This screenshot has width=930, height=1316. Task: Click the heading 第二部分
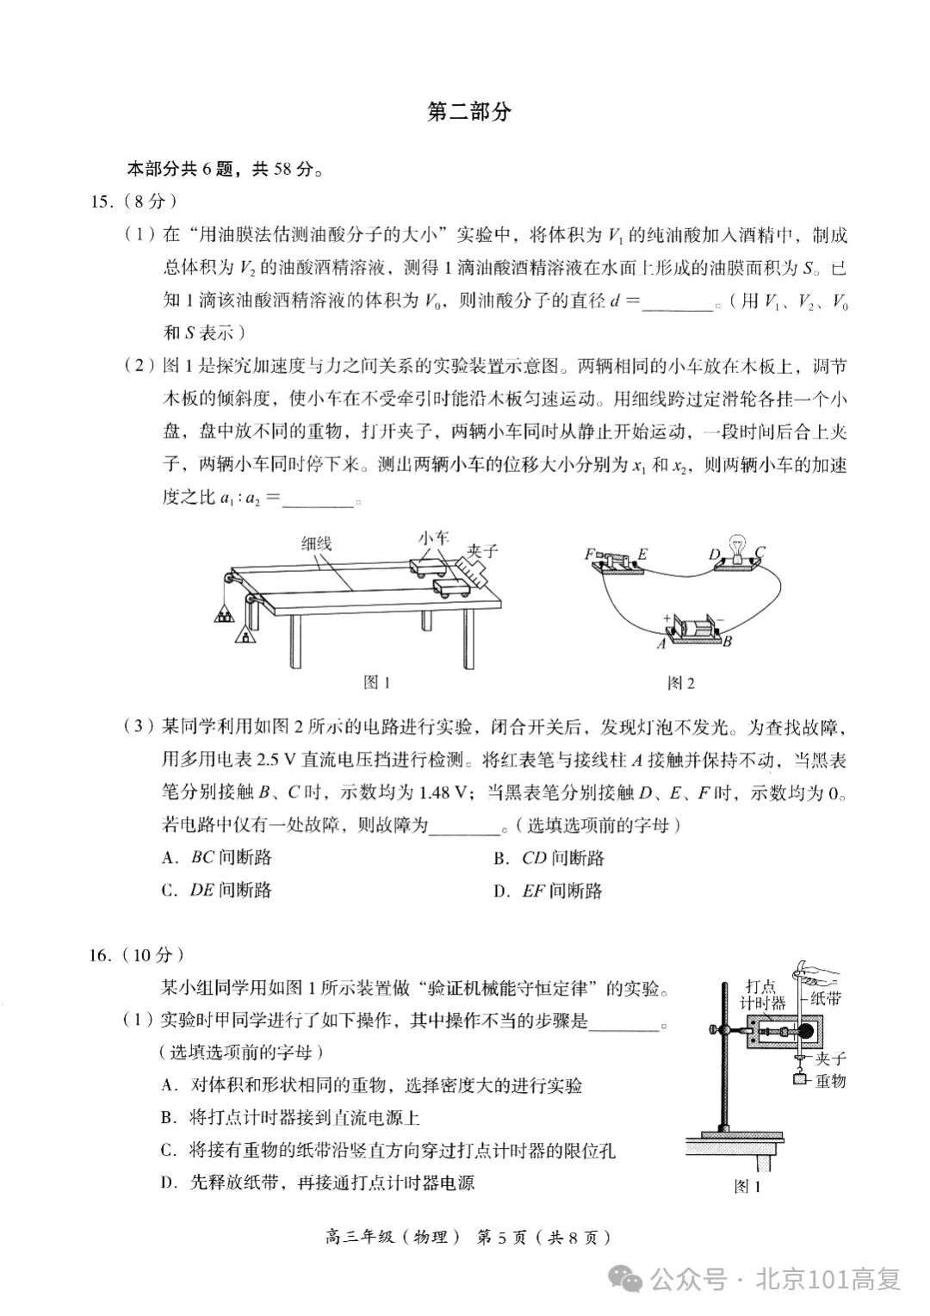[469, 112]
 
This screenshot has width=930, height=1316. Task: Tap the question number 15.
[101, 202]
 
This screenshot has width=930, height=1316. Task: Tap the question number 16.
[101, 954]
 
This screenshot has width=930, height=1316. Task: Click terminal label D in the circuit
[714, 554]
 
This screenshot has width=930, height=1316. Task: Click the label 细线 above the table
[316, 543]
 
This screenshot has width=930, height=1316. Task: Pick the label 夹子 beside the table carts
[482, 551]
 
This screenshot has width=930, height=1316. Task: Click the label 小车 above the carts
[434, 537]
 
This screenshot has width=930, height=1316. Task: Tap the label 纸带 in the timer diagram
[828, 998]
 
